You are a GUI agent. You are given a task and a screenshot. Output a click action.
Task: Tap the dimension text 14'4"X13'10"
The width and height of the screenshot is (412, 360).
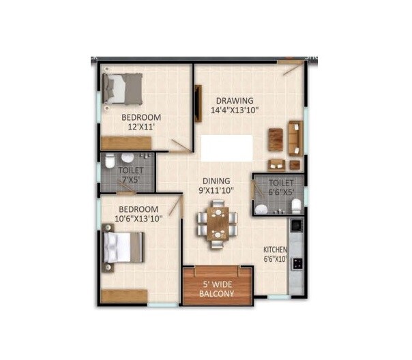[235, 110]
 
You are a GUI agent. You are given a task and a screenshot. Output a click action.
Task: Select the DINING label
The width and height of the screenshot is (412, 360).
[215, 181]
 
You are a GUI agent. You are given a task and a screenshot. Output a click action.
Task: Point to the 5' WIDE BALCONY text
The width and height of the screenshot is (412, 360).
[217, 289]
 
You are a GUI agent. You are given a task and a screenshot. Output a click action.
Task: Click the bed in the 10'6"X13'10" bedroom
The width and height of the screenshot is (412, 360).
[123, 251]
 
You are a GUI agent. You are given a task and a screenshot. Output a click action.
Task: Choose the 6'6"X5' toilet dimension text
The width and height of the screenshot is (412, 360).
[281, 193]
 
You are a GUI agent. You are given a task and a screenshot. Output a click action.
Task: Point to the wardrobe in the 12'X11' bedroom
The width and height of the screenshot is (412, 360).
[124, 144]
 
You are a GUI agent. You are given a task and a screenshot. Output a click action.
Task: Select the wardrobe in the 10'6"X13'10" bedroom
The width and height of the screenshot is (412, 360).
[124, 296]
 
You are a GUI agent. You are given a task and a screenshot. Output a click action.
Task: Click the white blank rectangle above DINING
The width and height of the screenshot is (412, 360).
[226, 148]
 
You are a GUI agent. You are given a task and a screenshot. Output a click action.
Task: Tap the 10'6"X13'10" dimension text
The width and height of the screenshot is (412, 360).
[138, 218]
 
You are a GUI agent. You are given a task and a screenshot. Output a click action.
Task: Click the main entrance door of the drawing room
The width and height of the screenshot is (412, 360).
[291, 67]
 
